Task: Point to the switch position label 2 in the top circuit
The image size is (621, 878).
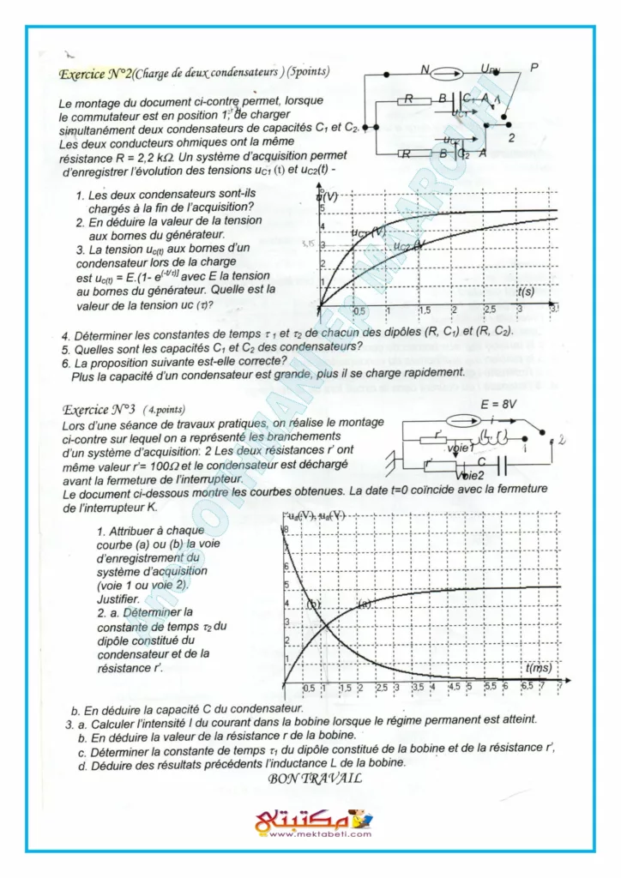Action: point(511,136)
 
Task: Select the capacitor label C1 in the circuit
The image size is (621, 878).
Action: point(470,99)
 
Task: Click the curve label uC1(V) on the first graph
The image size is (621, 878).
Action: point(368,232)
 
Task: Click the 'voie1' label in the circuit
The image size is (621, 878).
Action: point(461,448)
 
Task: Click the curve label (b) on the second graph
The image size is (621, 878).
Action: point(313,604)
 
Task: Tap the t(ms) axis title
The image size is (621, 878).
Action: point(540,668)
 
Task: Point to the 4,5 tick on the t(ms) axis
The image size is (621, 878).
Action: point(454,687)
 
